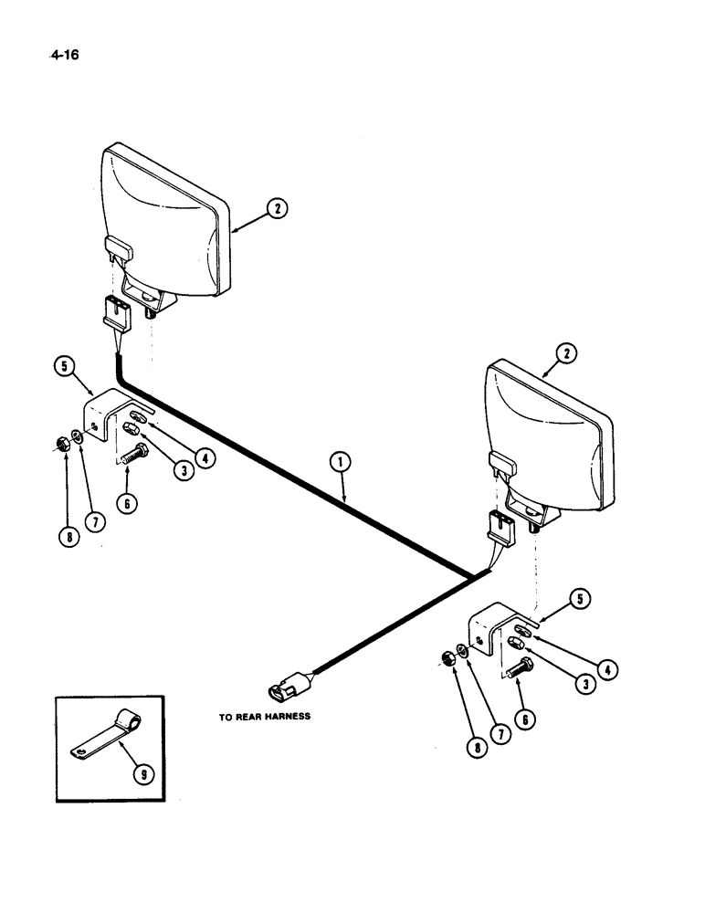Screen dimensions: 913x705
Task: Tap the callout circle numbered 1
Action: (340, 466)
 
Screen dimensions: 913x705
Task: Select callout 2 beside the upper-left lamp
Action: (277, 209)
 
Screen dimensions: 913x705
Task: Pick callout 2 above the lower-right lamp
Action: (567, 352)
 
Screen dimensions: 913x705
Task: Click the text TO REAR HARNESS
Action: (264, 717)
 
